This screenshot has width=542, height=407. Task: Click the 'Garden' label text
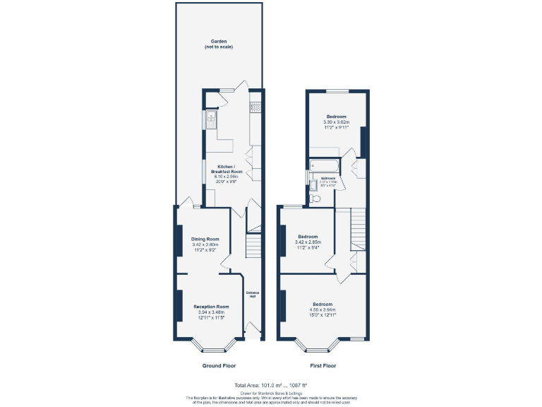[218, 42]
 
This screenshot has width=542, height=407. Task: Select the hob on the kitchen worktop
[255, 108]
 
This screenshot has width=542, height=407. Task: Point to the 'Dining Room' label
[205, 239]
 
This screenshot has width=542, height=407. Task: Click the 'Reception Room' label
[212, 306]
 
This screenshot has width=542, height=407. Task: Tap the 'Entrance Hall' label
[252, 295]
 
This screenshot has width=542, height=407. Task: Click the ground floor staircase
[253, 247]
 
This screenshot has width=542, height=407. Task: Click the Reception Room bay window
[210, 348]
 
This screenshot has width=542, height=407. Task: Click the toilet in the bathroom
[315, 199]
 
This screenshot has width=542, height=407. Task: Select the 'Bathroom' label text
[329, 178]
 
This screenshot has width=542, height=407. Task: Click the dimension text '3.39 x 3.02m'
[336, 122]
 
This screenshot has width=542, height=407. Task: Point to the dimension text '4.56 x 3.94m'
[323, 309]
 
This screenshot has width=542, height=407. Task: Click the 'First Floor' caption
[323, 366]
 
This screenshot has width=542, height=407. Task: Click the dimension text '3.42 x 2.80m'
[205, 244]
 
